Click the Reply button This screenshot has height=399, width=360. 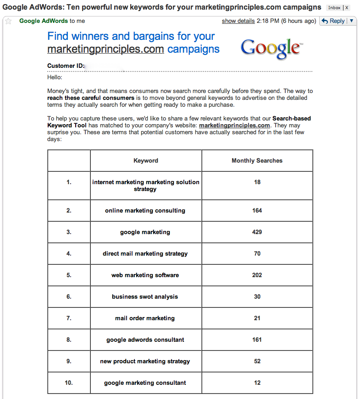tap(333, 21)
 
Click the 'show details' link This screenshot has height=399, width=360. tap(238, 21)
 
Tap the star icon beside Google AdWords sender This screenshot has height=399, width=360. tap(8, 21)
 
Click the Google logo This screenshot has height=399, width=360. tap(271, 48)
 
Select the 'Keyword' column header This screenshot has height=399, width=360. tap(146, 161)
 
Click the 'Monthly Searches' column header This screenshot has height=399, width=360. tap(257, 161)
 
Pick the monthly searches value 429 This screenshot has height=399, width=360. tap(257, 232)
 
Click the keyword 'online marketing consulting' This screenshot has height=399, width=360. tap(145, 211)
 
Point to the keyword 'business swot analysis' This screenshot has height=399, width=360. tap(145, 297)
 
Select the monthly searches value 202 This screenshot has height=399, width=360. tap(257, 275)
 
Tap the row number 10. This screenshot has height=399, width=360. tap(69, 383)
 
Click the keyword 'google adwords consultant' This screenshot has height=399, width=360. tap(145, 340)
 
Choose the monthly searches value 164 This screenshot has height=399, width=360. tap(257, 211)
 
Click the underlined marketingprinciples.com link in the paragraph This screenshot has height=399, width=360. tap(234, 126)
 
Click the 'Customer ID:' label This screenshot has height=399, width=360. tap(66, 66)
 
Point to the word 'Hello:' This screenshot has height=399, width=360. tap(55, 77)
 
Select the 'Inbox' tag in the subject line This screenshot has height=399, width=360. tap(334, 8)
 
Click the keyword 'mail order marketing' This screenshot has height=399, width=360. tap(145, 318)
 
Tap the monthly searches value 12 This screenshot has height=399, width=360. tap(257, 383)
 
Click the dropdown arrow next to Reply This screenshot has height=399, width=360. tap(352, 21)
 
